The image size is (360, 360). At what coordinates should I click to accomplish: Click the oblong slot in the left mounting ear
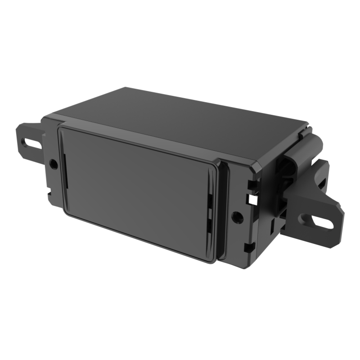[x=31, y=144]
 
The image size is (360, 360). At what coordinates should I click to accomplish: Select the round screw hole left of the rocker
[x=54, y=164]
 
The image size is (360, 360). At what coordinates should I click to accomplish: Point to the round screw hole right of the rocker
[x=237, y=218]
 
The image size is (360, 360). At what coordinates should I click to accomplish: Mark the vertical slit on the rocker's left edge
[x=65, y=171]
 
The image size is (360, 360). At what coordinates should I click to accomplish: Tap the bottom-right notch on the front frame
[x=248, y=247]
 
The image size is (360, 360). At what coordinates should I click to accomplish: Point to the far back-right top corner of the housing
[x=307, y=122]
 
